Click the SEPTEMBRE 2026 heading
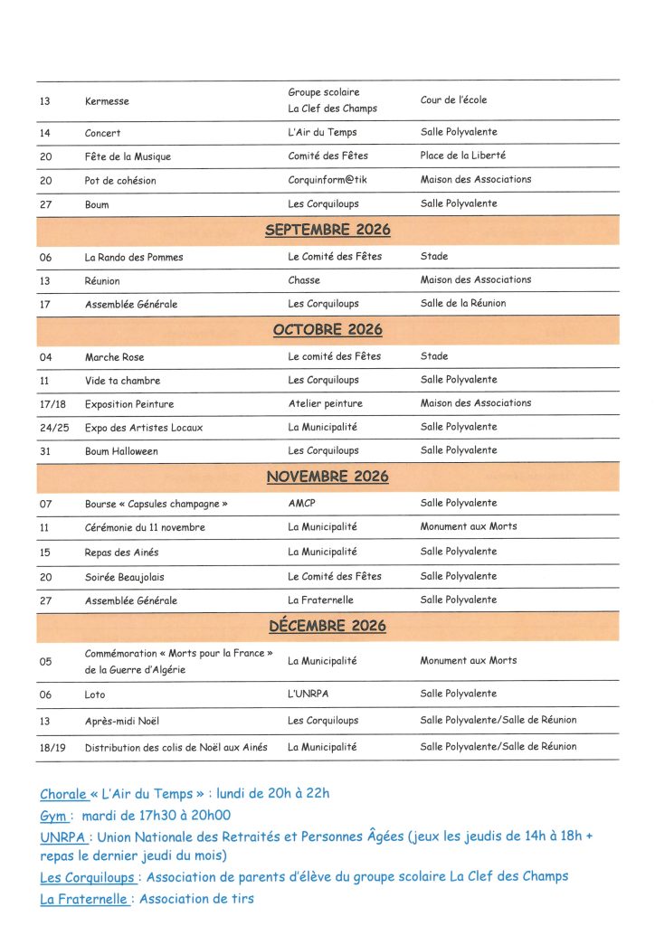click(327, 230)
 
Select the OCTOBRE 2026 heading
click(327, 329)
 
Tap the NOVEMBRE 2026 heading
click(327, 476)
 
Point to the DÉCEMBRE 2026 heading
click(327, 626)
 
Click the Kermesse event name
click(107, 101)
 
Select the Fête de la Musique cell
click(128, 156)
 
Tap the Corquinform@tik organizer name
click(327, 180)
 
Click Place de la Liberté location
click(462, 156)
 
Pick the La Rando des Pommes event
click(134, 257)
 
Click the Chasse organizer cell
click(304, 280)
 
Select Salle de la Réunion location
click(463, 303)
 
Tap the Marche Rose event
click(114, 357)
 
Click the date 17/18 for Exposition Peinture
click(52, 404)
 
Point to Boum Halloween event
click(121, 450)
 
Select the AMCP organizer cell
click(302, 503)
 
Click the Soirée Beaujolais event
click(125, 577)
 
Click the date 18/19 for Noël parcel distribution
click(52, 748)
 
